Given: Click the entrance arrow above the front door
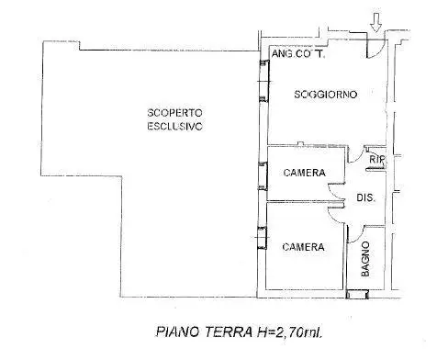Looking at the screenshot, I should point(376,19).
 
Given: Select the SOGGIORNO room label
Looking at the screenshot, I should point(324,94).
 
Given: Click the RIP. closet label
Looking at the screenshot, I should point(375,159).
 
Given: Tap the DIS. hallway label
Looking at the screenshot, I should point(364,197).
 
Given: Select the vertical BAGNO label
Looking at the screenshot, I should point(365,259).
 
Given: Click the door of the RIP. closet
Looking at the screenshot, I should point(363,158).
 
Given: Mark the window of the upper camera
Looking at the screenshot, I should point(264,172).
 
